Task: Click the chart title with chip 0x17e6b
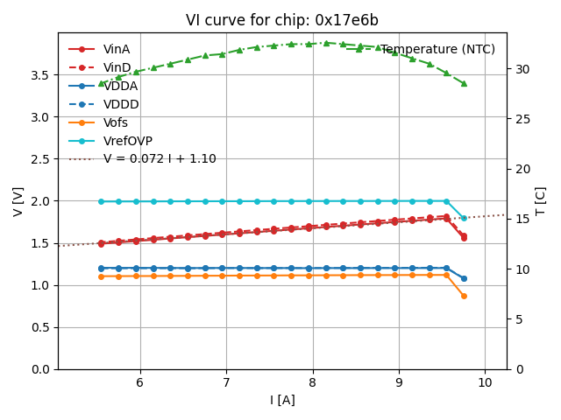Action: click(x=282, y=20)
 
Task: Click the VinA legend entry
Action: click(x=117, y=49)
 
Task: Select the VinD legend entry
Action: click(x=117, y=67)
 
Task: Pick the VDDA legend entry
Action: click(x=120, y=86)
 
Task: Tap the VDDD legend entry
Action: click(x=121, y=104)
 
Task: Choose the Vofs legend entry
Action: click(x=115, y=122)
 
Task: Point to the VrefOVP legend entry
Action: click(x=128, y=141)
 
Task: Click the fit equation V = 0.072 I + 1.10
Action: click(x=160, y=159)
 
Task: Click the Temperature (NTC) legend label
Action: click(x=437, y=50)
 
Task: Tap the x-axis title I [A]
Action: click(x=282, y=400)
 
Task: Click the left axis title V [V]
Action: click(x=18, y=201)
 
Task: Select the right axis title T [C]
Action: click(x=541, y=201)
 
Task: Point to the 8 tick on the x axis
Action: click(x=312, y=382)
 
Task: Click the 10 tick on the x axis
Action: click(x=485, y=382)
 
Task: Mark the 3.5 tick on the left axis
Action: click(x=40, y=75)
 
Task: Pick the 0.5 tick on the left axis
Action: click(x=40, y=327)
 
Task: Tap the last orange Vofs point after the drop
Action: click(x=464, y=296)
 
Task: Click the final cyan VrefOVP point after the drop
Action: click(x=464, y=219)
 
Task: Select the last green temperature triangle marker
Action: click(x=464, y=83)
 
